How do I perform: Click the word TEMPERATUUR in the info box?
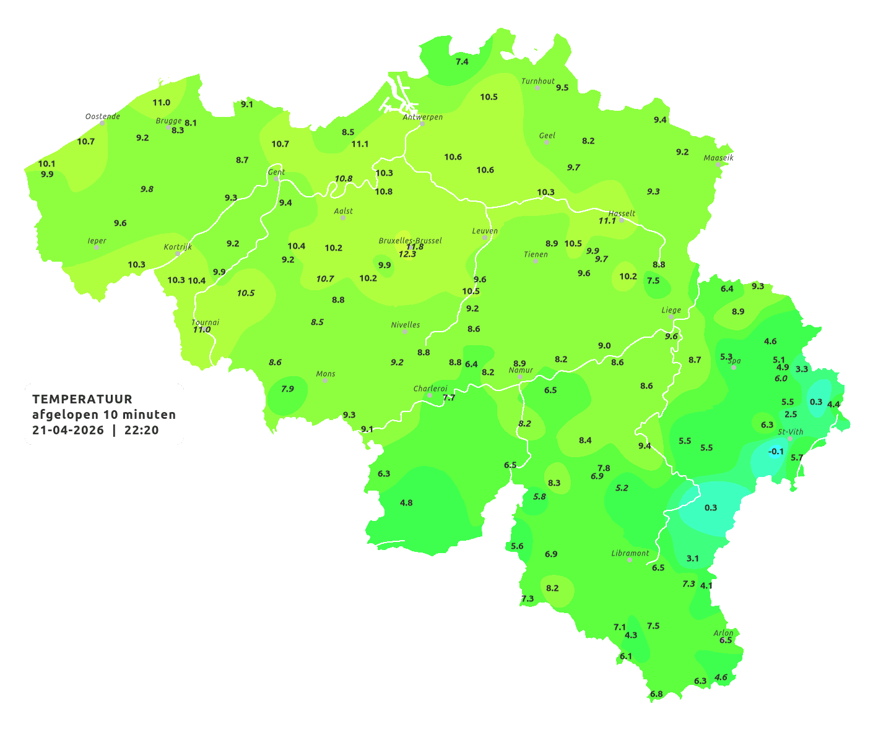(x=82, y=399)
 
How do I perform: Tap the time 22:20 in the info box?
(x=142, y=431)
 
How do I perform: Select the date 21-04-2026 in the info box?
(x=68, y=431)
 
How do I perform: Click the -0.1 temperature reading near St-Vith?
(x=776, y=452)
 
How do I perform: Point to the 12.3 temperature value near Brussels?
(x=407, y=254)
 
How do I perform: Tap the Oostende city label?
(x=102, y=116)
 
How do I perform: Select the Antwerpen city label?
(x=423, y=117)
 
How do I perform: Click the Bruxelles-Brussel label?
(x=410, y=241)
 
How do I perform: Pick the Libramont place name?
(x=630, y=553)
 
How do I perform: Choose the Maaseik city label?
(x=718, y=158)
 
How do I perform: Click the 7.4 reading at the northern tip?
(x=462, y=62)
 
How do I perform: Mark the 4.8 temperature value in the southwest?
(x=406, y=503)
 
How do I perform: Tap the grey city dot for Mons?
(x=325, y=380)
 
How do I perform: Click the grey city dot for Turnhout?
(x=537, y=88)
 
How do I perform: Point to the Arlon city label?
(x=723, y=633)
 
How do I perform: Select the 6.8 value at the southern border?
(x=656, y=694)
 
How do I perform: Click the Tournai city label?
(x=206, y=322)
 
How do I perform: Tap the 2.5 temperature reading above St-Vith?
(x=791, y=415)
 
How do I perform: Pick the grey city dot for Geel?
(x=547, y=142)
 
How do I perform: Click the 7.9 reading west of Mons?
(x=287, y=389)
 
